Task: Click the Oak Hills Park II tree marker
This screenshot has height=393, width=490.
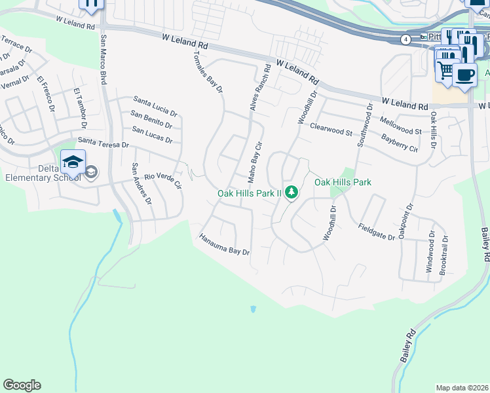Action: pyautogui.click(x=292, y=193)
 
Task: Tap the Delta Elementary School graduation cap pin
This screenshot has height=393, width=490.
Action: pyautogui.click(x=73, y=160)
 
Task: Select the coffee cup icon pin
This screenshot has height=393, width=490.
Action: pyautogui.click(x=464, y=74)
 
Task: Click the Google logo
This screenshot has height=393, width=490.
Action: pyautogui.click(x=22, y=385)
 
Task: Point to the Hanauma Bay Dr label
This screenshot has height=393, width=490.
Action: pyautogui.click(x=224, y=244)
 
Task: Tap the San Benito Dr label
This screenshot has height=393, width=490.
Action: pyautogui.click(x=151, y=119)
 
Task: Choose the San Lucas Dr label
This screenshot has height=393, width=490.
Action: pyautogui.click(x=152, y=134)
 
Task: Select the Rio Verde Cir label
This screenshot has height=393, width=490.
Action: pyautogui.click(x=162, y=181)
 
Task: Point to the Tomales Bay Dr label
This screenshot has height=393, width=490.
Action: pyautogui.click(x=208, y=72)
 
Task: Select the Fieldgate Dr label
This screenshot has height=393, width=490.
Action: pyautogui.click(x=376, y=232)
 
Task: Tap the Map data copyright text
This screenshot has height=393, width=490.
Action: pyautogui.click(x=461, y=388)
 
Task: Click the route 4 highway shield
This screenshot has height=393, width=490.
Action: pyautogui.click(x=406, y=39)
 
